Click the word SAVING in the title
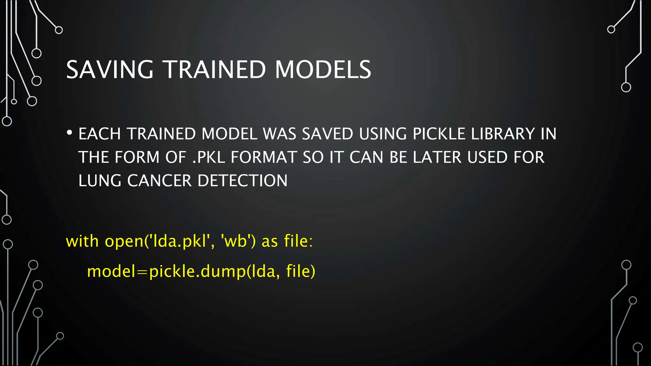[110, 70]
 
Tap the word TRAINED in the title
[215, 70]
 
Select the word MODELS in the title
[323, 70]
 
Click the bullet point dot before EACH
[70, 133]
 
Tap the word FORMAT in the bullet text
[264, 157]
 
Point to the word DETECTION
[243, 181]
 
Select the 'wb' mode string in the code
[236, 241]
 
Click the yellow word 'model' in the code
[111, 271]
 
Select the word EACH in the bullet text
[99, 134]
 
